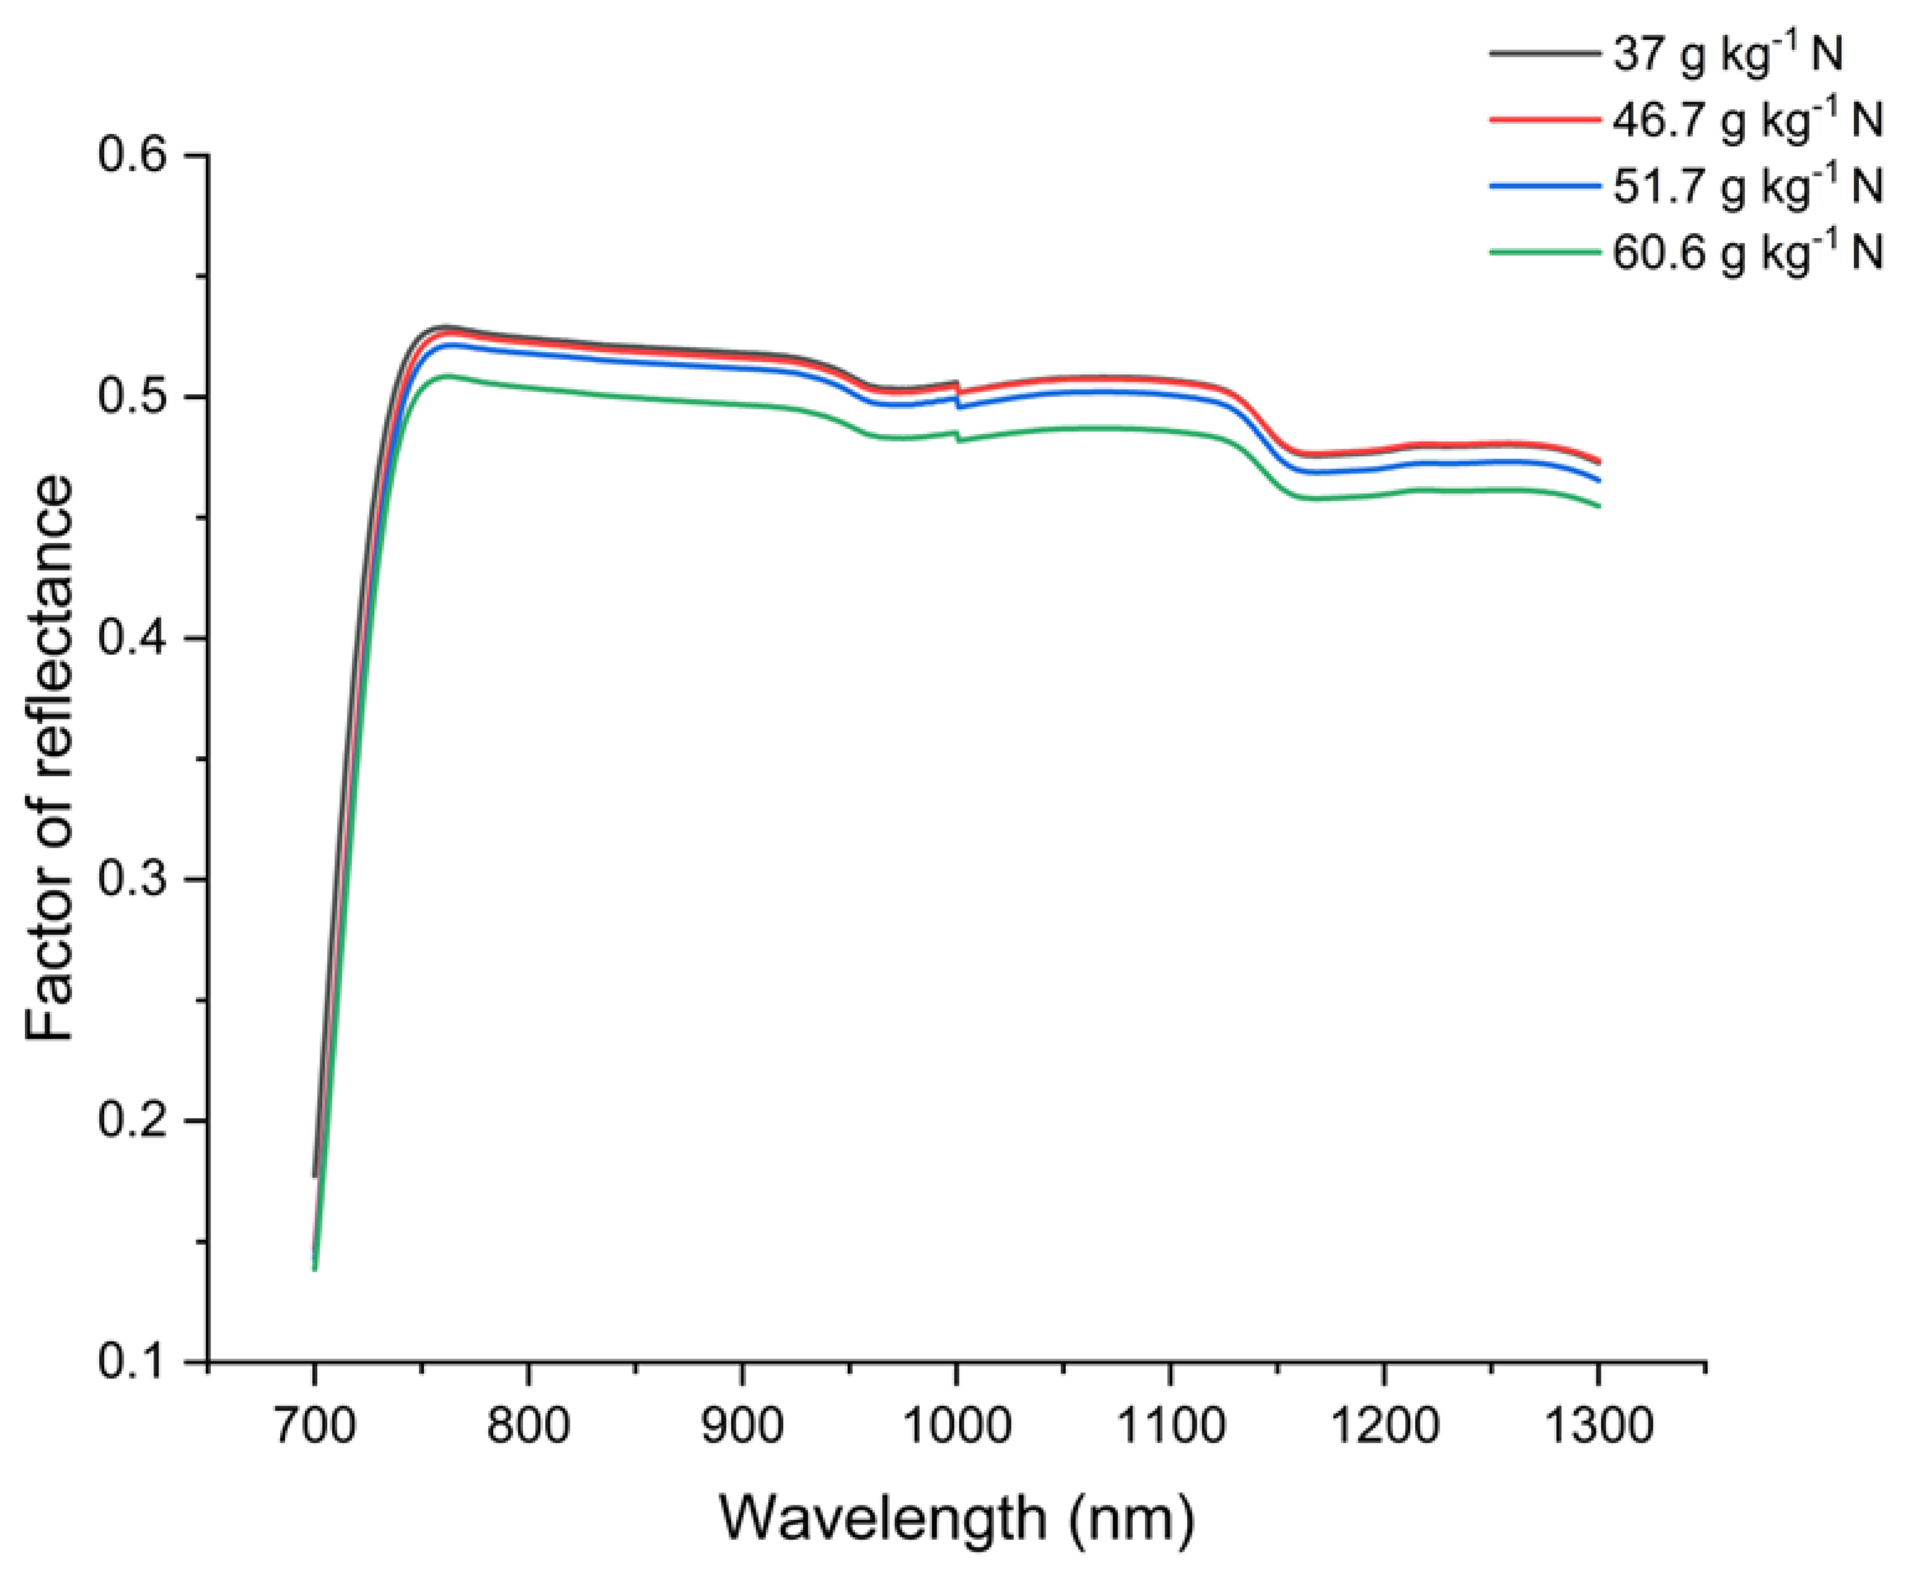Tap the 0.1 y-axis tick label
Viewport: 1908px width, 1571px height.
click(x=133, y=1362)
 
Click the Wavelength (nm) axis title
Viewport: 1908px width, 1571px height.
click(x=956, y=1518)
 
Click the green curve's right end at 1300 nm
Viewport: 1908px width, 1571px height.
click(x=1598, y=506)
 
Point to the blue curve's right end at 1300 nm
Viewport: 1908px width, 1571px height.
click(x=1598, y=480)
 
